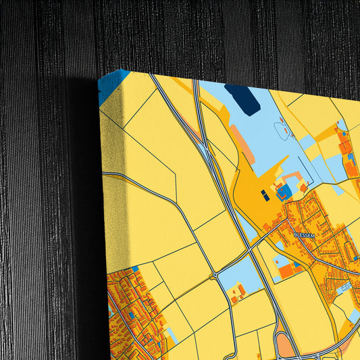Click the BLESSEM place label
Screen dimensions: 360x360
tap(304, 234)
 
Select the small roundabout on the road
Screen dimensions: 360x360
tap(215, 275)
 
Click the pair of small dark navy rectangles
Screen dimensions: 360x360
tap(265, 196)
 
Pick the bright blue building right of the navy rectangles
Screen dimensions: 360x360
tap(284, 191)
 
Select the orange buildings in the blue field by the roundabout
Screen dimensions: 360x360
tap(237, 293)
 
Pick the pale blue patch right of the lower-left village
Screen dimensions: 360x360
tap(172, 334)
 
